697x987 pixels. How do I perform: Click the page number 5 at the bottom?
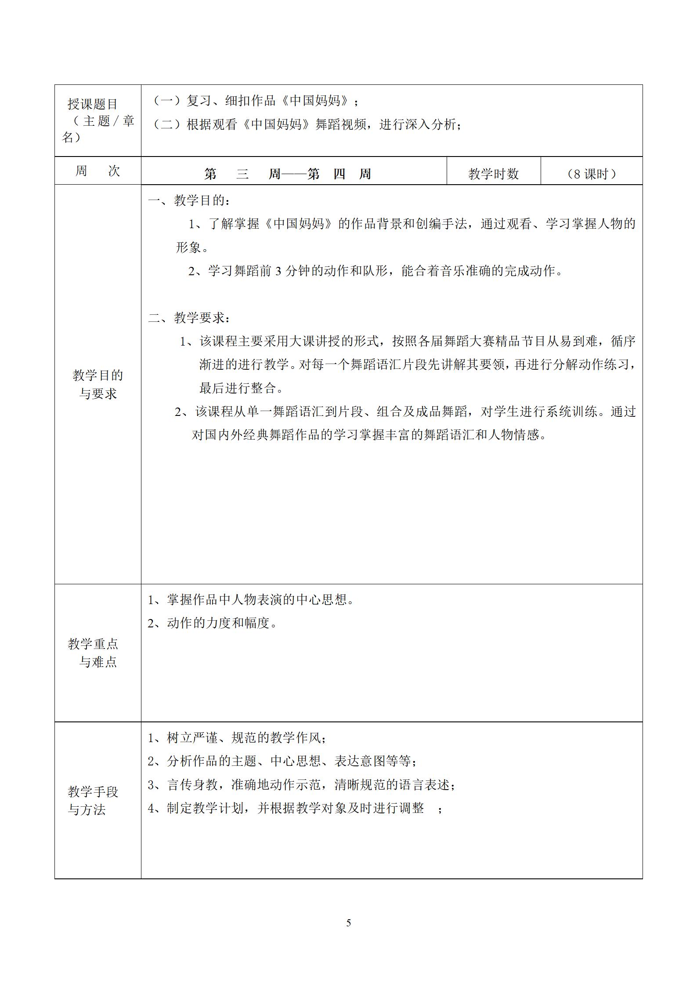348,923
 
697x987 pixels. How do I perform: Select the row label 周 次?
97,171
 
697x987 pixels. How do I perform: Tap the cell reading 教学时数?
493,174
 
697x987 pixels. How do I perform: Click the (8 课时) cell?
591,174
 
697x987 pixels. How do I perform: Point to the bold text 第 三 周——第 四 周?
288,174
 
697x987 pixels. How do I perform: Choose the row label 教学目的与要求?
98,384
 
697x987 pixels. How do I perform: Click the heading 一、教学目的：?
189,201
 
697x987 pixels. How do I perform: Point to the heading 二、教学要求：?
189,317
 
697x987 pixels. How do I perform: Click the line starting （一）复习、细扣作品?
255,101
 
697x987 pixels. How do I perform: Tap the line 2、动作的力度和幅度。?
213,623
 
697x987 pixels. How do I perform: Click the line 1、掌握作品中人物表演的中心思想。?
251,600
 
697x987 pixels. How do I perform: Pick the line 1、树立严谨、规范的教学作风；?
237,738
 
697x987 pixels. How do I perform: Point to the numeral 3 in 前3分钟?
278,271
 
